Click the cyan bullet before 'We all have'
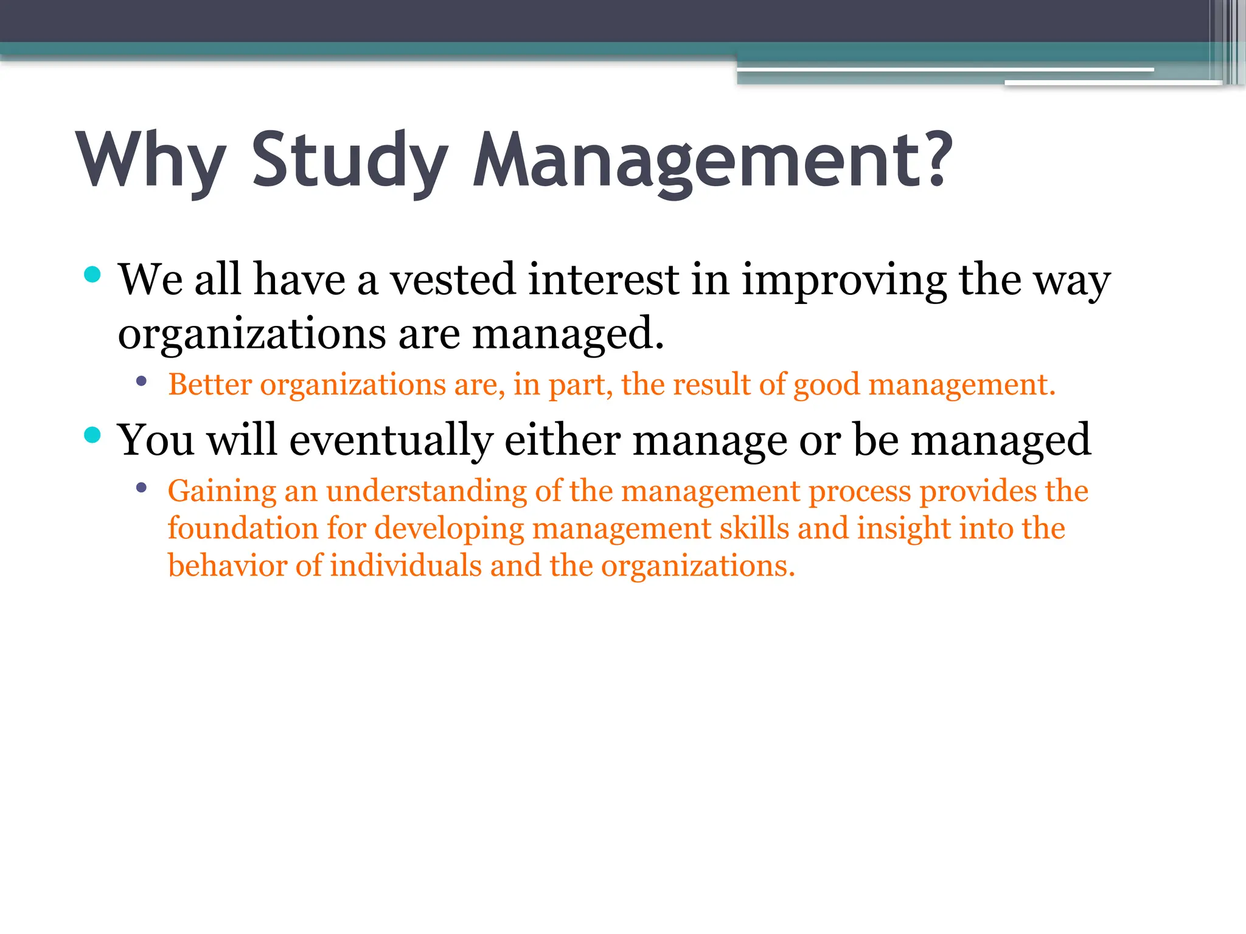92,275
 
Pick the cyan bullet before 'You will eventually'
92,435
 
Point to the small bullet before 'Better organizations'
142,382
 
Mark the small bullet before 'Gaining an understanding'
142,488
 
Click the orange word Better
210,384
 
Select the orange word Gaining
222,491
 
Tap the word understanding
426,491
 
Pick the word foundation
242,528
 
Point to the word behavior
227,566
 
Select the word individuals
406,566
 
